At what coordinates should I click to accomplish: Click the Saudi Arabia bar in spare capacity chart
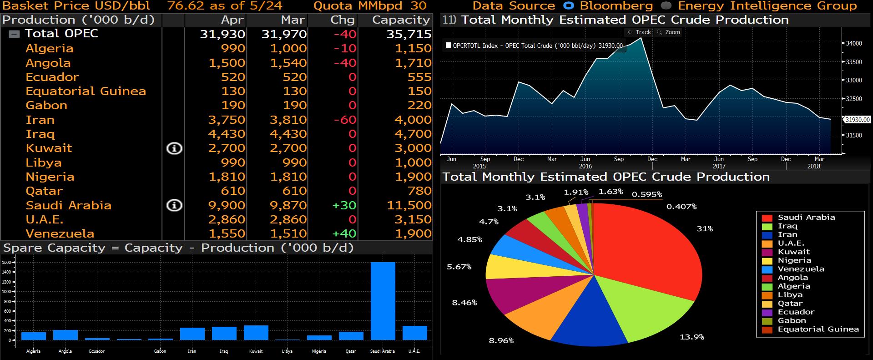point(383,301)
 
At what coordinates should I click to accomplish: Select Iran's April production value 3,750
point(227,120)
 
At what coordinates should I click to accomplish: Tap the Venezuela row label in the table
point(60,233)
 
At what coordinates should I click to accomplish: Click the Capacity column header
point(401,20)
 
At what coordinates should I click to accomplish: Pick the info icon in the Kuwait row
point(174,148)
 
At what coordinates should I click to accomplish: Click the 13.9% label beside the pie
point(692,337)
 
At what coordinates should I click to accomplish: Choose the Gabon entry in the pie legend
point(792,320)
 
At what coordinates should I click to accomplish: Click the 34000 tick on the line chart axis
point(854,44)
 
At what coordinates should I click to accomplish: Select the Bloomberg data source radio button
point(568,6)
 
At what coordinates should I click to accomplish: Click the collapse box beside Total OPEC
point(15,34)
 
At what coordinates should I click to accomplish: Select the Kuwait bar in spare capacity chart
point(256,333)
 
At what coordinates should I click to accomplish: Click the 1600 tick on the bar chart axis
point(6,263)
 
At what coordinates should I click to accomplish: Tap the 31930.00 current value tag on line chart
point(857,120)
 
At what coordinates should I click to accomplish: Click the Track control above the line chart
point(639,32)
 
